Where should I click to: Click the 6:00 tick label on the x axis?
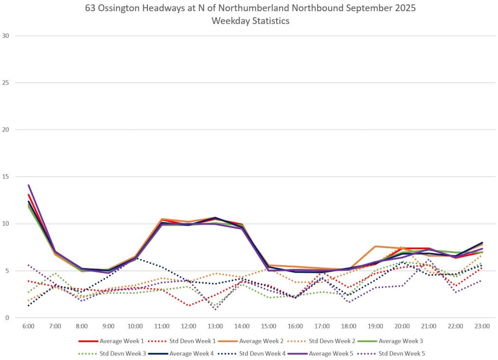pos(28,326)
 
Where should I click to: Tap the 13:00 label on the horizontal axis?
pos(215,326)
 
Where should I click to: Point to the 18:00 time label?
pos(349,326)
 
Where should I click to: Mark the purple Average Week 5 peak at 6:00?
pos(29,185)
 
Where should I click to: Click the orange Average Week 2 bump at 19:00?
pos(375,246)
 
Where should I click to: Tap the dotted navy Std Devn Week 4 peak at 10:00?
pos(136,258)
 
